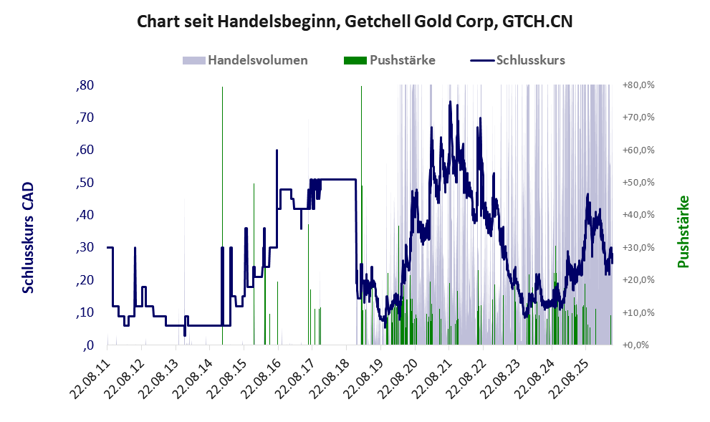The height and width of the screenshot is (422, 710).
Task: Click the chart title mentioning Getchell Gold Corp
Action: click(355, 21)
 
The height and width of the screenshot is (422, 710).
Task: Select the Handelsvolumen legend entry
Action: click(245, 60)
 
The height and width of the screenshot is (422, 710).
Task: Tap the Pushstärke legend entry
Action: click(390, 60)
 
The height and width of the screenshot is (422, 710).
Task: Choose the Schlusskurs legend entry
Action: click(517, 60)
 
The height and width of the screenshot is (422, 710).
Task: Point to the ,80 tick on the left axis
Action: click(85, 85)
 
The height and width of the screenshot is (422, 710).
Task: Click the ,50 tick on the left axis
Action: click(85, 183)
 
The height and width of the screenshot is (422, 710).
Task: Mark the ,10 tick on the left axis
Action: click(85, 312)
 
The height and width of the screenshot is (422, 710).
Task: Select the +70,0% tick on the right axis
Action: click(638, 118)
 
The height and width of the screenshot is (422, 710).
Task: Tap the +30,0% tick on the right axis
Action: click(638, 247)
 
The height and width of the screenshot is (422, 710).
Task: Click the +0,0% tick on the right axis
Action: click(638, 345)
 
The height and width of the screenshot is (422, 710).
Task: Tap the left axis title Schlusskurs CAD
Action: click(28, 238)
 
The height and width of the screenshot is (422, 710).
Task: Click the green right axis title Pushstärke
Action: click(683, 231)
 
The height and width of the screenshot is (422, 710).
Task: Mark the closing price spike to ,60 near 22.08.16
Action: click(277, 150)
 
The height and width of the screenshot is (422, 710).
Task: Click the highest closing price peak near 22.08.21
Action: click(450, 102)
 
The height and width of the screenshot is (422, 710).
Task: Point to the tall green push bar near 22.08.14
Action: click(222, 215)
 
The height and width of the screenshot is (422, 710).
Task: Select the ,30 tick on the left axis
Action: click(85, 247)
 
